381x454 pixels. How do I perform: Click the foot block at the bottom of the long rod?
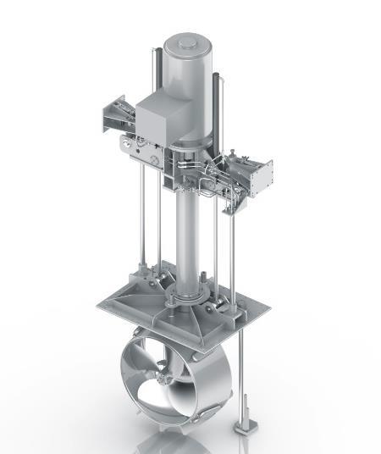coord(246,421)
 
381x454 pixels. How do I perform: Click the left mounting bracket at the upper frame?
coord(111,118)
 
